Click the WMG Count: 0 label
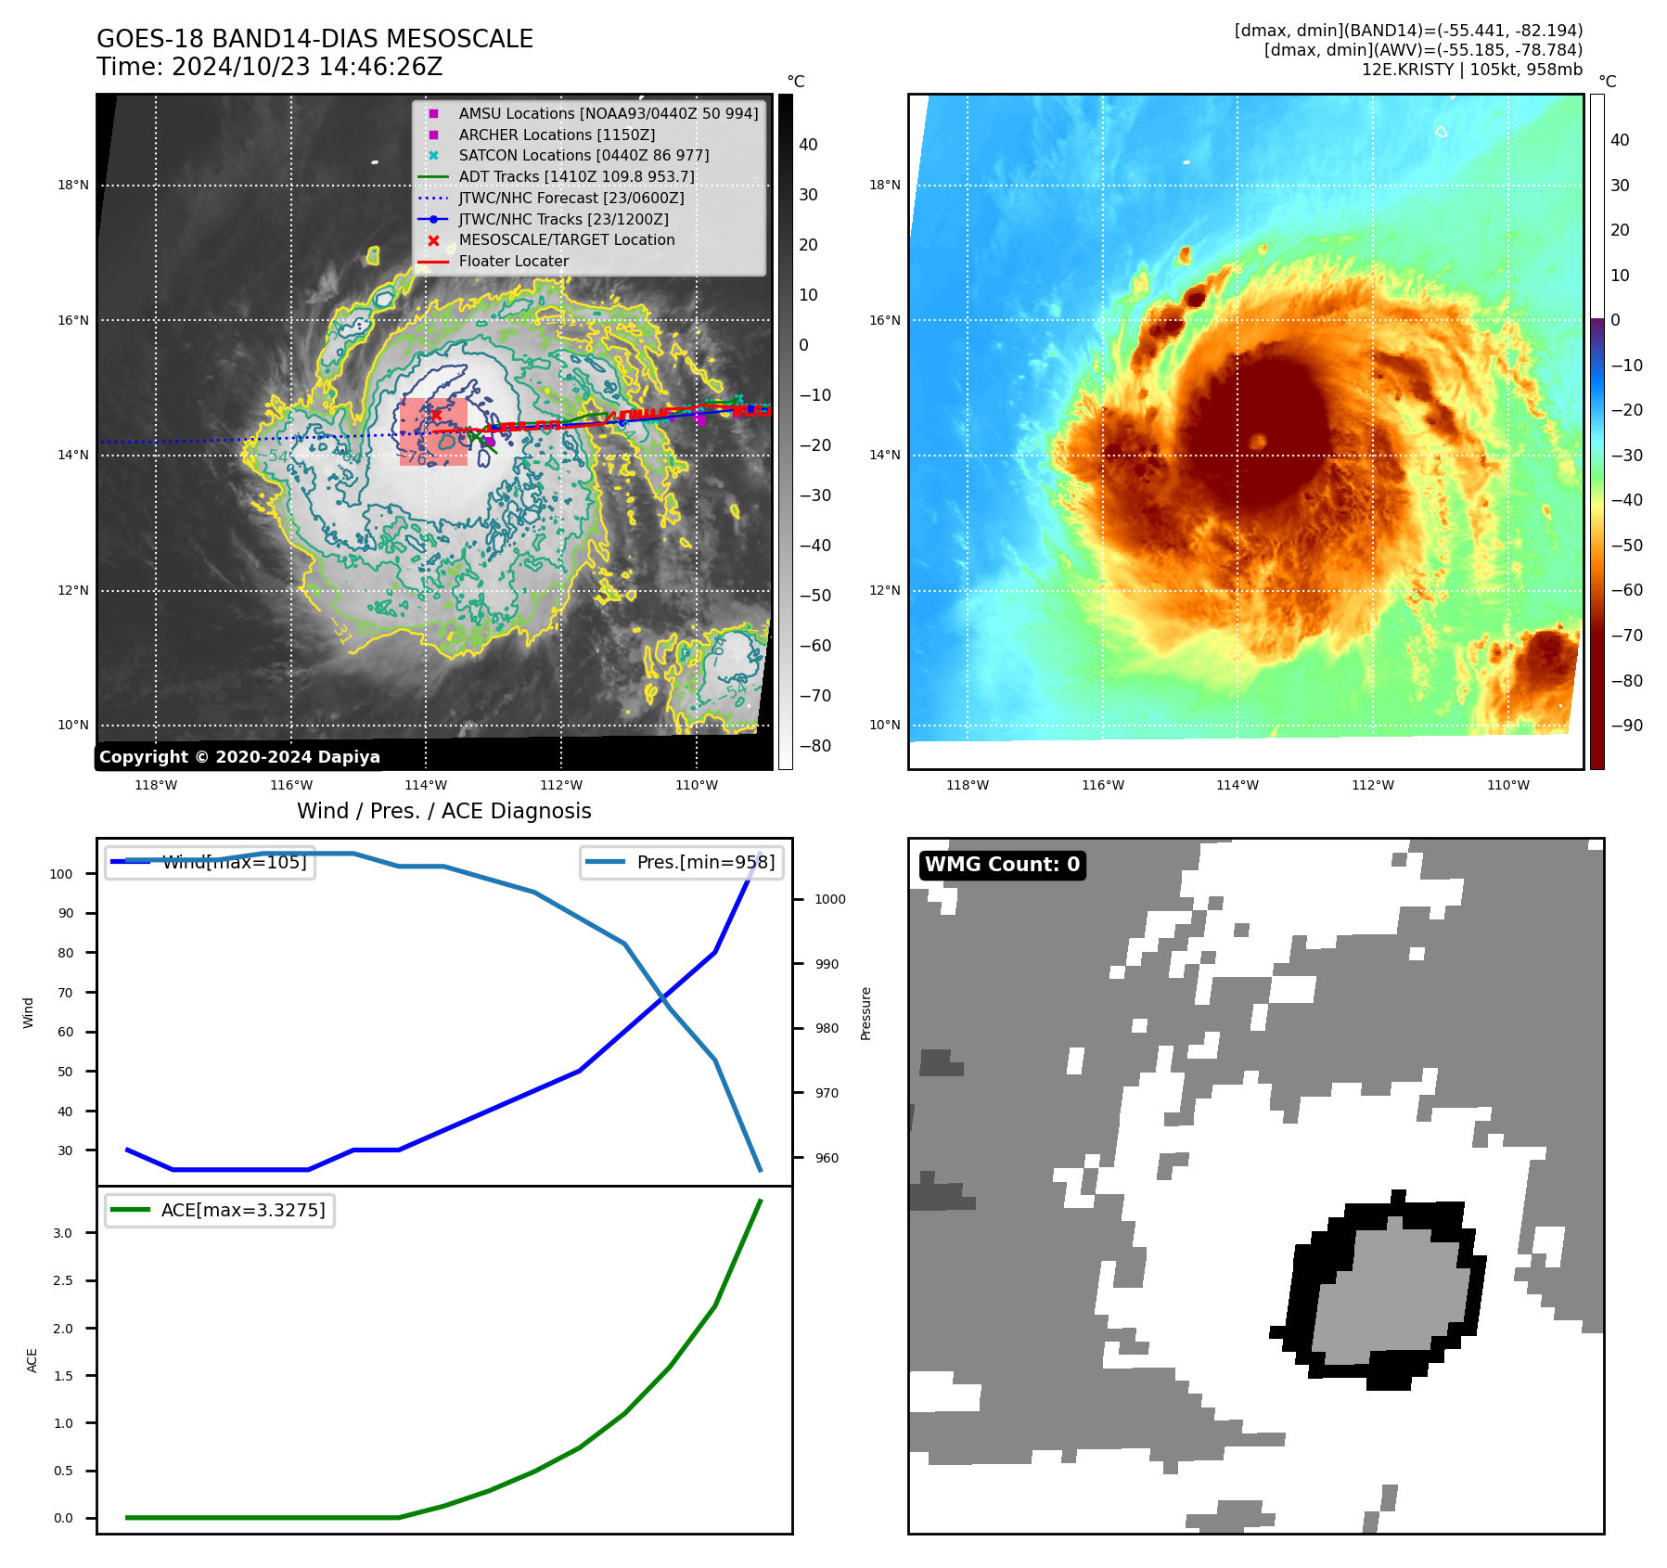point(1002,865)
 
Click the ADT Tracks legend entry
point(576,176)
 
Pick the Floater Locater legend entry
point(513,261)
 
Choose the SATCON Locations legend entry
point(583,155)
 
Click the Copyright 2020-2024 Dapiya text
point(239,757)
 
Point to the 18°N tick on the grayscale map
point(73,185)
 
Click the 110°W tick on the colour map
point(1507,785)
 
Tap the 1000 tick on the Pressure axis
point(830,899)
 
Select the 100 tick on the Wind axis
point(61,874)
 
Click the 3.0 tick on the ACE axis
point(63,1233)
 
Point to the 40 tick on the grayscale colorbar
point(808,145)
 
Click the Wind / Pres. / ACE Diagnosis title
point(443,811)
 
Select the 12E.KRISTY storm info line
point(1471,70)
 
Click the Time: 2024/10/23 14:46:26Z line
point(269,67)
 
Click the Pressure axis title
point(866,1013)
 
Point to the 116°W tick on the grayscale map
point(291,785)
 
